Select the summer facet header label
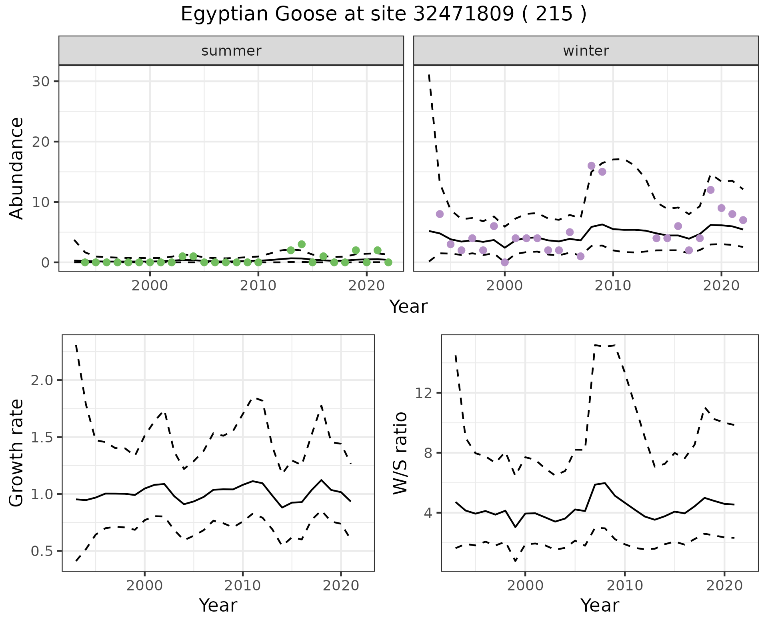pos(231,51)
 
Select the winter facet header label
pos(586,51)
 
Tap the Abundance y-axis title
pos(17,168)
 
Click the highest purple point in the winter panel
pos(591,166)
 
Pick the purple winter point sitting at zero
pos(505,262)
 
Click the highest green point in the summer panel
pos(302,244)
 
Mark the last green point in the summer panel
pos(388,262)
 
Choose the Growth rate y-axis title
pos(17,453)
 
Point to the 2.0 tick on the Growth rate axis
pos(42,380)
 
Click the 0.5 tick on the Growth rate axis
pos(42,551)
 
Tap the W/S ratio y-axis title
pos(400,453)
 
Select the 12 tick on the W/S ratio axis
pos(423,393)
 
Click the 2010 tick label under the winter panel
pos(613,286)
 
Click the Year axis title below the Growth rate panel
pos(218,606)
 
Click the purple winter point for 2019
pos(710,190)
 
